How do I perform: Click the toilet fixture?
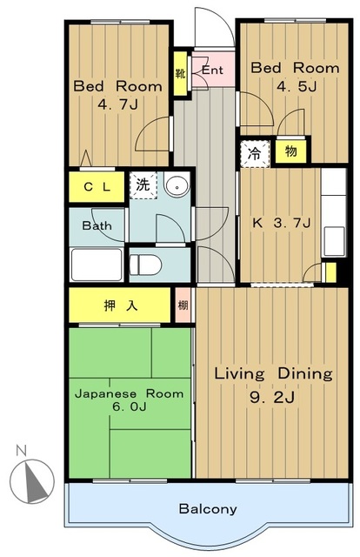click(145, 265)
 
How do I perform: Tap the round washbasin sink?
click(177, 185)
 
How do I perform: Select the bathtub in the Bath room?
click(97, 265)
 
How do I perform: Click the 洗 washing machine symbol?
click(143, 185)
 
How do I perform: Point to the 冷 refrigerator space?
click(255, 154)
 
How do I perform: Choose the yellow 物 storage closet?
click(290, 151)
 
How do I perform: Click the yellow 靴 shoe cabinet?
click(180, 74)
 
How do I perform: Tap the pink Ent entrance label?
click(212, 70)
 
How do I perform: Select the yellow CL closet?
click(97, 187)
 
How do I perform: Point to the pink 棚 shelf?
click(183, 305)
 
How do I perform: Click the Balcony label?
click(208, 508)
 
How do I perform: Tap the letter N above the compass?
click(22, 451)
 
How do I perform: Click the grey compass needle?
click(35, 481)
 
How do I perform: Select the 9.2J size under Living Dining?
click(272, 397)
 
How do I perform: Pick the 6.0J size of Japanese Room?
click(130, 406)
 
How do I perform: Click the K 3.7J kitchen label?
click(282, 223)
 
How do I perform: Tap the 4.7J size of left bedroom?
click(117, 104)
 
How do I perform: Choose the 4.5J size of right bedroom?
click(297, 86)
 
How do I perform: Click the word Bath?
click(97, 225)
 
